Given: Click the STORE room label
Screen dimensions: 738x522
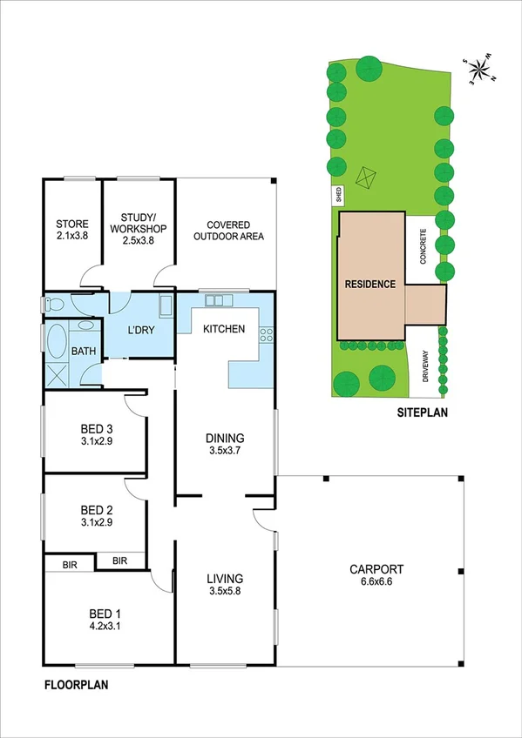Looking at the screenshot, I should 71,224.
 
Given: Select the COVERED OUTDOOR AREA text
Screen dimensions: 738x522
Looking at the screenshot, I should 228,229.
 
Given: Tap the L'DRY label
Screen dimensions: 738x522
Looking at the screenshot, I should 141,331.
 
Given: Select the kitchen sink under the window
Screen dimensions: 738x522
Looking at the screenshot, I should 214,301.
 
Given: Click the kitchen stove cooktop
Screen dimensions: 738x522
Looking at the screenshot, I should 265,334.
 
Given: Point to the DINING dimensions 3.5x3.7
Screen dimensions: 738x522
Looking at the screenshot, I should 226,451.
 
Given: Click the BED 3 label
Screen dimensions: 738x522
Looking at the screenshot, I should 97,428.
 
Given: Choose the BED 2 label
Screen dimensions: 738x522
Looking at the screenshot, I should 97,510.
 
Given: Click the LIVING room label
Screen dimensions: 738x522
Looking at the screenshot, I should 224,579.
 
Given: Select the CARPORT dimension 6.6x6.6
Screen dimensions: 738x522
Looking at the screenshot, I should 376,583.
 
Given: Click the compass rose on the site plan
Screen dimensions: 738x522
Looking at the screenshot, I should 478,70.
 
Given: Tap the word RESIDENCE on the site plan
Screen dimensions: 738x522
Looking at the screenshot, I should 369,284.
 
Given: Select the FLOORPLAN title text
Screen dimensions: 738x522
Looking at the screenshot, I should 77,685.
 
